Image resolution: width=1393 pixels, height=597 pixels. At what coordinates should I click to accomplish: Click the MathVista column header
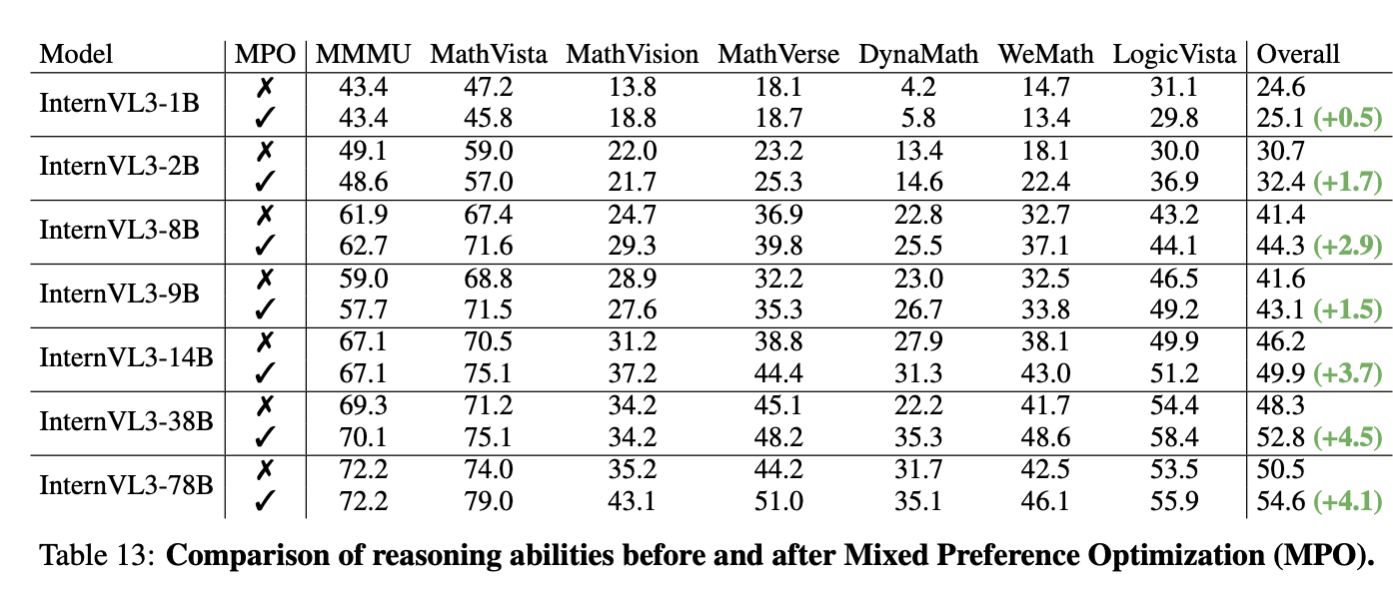coord(489,54)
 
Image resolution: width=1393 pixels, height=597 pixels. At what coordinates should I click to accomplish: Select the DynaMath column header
coord(918,54)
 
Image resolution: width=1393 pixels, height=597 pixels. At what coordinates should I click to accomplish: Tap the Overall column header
coord(1298,54)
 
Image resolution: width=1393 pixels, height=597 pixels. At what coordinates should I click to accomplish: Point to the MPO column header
coord(265,54)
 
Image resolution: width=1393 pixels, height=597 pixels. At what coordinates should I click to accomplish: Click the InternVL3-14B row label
coord(126,357)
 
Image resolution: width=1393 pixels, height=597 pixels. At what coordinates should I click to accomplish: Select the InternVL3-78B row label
coord(126,484)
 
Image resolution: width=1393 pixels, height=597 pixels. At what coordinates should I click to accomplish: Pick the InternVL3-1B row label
coord(119,103)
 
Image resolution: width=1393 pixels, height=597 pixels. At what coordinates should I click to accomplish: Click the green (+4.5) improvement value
coord(1348,436)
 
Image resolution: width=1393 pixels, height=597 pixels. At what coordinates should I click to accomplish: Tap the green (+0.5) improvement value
coord(1348,118)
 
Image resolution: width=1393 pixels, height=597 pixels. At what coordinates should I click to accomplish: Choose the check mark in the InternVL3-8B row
coord(265,246)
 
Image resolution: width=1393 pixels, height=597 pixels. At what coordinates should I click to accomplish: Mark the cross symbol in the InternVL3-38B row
coord(265,405)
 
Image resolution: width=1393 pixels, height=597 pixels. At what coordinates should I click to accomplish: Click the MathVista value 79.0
coord(489,501)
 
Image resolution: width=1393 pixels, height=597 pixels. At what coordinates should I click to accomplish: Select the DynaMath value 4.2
coord(918,86)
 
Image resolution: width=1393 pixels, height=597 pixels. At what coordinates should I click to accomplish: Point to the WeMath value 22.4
coord(1045,182)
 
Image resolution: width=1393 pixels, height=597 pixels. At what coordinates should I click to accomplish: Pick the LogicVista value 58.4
coord(1173,436)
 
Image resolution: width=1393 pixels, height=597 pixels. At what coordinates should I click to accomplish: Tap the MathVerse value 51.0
coord(778,501)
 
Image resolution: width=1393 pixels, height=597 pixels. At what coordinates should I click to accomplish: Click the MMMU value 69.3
coord(363,405)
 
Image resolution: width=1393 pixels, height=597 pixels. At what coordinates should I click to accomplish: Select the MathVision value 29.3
coord(632,246)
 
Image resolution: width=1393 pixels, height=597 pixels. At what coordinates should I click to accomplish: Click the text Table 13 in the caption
coord(96,555)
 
